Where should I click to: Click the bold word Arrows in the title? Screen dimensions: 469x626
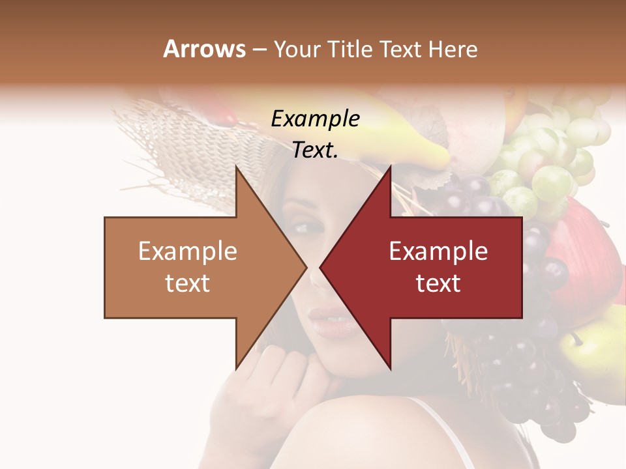click(x=205, y=49)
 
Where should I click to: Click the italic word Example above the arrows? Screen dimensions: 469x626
click(x=315, y=119)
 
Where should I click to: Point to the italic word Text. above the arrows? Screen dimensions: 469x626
click(x=315, y=150)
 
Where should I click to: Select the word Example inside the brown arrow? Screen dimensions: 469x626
click(x=188, y=251)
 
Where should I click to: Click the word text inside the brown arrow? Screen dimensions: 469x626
click(x=188, y=283)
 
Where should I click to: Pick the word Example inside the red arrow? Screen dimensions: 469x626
click(x=438, y=251)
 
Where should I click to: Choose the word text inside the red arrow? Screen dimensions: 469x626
click(x=438, y=283)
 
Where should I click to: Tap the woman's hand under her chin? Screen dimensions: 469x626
click(x=274, y=384)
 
